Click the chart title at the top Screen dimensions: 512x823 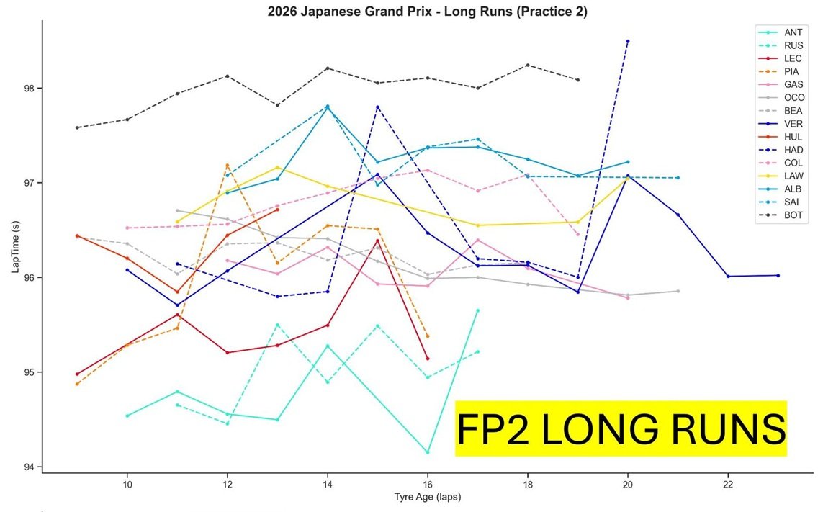(x=411, y=11)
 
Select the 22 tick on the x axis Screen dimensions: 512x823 (x=728, y=483)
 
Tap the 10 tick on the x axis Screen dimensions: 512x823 (x=127, y=483)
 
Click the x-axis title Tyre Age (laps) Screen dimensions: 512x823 (x=427, y=497)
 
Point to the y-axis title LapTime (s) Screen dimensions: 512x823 (x=14, y=244)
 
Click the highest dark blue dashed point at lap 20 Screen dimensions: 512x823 (x=628, y=41)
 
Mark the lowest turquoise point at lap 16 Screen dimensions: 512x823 (x=428, y=452)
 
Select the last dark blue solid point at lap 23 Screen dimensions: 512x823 (x=778, y=275)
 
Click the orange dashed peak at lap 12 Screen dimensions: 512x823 (x=228, y=165)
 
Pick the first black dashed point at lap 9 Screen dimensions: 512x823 (x=77, y=127)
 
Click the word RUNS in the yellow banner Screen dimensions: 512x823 (x=727, y=429)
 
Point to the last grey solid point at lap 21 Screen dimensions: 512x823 (x=678, y=291)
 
